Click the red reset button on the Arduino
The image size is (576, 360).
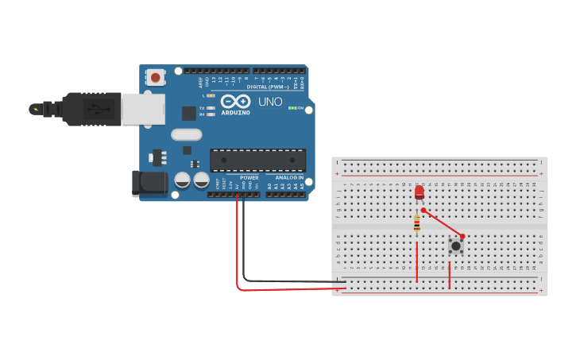(x=156, y=78)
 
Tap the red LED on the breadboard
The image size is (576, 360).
(x=419, y=192)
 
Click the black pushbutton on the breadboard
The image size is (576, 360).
(x=456, y=246)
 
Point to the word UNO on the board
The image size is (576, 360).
(x=270, y=102)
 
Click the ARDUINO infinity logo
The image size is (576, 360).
(x=236, y=102)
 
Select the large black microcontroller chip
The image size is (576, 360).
(x=257, y=160)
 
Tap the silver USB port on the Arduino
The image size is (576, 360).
(x=143, y=109)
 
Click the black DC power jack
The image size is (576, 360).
(x=149, y=184)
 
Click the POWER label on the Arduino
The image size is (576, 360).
(x=249, y=177)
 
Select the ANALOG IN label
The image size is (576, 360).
(x=290, y=177)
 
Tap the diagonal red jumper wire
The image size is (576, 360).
(x=443, y=223)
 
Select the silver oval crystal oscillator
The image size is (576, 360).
(x=187, y=135)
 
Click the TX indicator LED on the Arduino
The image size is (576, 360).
(x=211, y=107)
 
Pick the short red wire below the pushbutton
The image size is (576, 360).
(x=450, y=274)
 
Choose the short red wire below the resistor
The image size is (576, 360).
(x=417, y=262)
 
